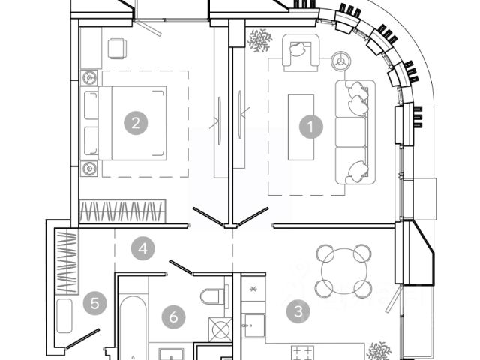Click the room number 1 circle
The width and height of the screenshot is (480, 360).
[x=310, y=126]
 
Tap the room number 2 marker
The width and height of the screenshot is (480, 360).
[x=135, y=124]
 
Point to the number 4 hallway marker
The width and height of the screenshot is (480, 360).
[x=142, y=247]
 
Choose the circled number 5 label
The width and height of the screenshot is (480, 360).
[x=94, y=304]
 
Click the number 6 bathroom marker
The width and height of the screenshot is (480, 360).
[x=173, y=317]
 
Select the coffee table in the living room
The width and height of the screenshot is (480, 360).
[x=301, y=125]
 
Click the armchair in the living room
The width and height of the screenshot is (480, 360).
[x=299, y=54]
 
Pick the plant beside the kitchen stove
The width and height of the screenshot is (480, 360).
[x=378, y=350]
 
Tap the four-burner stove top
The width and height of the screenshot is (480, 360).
[x=303, y=352]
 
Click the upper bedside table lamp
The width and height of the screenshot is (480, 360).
[x=90, y=76]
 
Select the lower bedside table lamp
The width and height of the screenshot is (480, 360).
[x=90, y=167]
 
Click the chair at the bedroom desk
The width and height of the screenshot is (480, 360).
[x=118, y=49]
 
